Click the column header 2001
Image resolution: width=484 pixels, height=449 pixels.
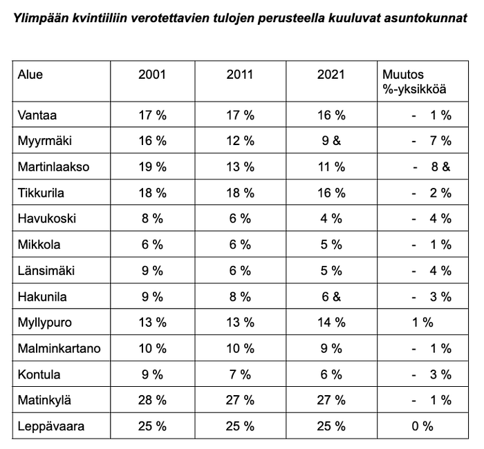point(152,75)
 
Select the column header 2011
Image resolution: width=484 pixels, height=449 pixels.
point(240,75)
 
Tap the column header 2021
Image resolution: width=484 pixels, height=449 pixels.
point(331,75)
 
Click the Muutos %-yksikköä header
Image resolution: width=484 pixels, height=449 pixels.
point(414,82)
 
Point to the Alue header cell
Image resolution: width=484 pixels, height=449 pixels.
point(30,75)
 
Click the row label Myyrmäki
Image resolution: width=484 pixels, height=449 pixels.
point(45,141)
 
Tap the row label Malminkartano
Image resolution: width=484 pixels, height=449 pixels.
point(59,348)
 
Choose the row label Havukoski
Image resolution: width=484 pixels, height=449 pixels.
point(47,219)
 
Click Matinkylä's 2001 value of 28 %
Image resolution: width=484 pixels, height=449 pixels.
point(152,400)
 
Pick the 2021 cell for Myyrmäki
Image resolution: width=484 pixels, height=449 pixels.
point(331,141)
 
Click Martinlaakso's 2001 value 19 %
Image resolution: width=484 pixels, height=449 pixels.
point(152,167)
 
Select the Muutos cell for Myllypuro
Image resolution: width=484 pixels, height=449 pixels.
point(422,323)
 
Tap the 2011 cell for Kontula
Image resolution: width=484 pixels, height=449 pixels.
point(240,374)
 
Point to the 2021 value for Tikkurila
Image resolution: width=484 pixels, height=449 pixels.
point(331,193)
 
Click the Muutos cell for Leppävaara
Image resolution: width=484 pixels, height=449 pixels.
point(422,426)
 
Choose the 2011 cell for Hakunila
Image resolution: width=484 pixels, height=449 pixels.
point(240,297)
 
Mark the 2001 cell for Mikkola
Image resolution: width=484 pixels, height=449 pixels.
point(152,245)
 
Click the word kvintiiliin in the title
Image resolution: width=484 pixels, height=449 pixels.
point(100,18)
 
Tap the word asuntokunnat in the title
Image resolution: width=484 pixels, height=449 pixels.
point(426,18)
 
